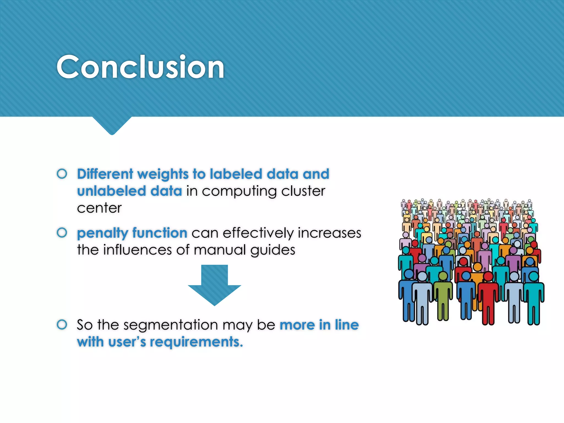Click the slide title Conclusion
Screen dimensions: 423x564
(x=140, y=67)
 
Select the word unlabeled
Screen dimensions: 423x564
(x=111, y=191)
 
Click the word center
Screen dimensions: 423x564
(x=99, y=208)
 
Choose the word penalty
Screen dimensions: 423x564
(x=102, y=233)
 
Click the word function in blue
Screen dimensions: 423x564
(x=160, y=233)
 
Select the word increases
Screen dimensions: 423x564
(x=329, y=233)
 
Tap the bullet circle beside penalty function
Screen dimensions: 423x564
(x=62, y=233)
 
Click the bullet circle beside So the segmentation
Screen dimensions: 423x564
(x=62, y=324)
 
